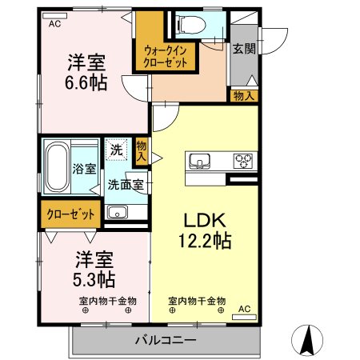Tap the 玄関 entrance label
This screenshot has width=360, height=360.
(x=243, y=49)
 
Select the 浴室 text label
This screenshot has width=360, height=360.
(x=85, y=169)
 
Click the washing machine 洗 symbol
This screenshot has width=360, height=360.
(x=117, y=148)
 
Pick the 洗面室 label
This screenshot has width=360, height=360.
(x=126, y=184)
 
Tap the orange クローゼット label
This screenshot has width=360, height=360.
(x=70, y=214)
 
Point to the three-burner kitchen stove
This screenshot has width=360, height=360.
(x=242, y=161)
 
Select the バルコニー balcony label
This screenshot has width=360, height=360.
(x=169, y=341)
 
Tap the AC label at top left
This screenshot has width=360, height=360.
(x=54, y=24)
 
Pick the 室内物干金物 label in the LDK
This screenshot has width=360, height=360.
(x=197, y=301)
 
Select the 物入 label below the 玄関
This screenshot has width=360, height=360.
(x=245, y=96)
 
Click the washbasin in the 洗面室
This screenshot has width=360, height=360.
(x=117, y=212)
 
